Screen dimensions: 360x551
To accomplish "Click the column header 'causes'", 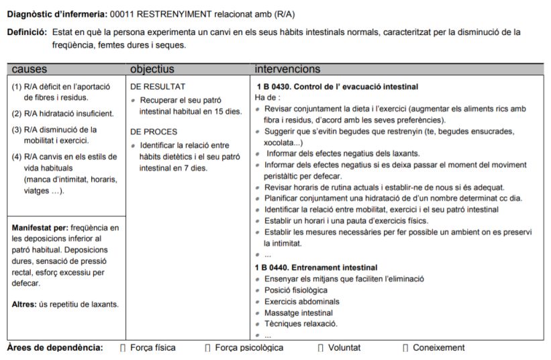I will tap(30, 69).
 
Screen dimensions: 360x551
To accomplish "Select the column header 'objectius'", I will tap(152, 69).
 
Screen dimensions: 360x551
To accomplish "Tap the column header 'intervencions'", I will tap(287, 69).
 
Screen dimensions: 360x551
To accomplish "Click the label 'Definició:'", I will tap(27, 32).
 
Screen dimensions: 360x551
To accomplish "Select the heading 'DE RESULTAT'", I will tap(158, 87).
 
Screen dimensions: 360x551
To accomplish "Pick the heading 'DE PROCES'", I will tap(154, 132).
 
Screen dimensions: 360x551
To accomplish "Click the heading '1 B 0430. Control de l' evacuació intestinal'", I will tap(337, 87).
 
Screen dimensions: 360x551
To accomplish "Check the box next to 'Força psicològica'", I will tap(207, 348).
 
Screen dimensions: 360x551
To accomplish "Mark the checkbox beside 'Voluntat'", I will tap(321, 348).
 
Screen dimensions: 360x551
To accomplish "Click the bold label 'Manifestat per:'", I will tap(39, 227).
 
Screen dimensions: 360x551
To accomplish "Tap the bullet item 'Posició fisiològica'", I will tap(296, 290).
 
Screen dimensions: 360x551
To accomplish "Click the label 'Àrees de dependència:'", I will tap(55, 348).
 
